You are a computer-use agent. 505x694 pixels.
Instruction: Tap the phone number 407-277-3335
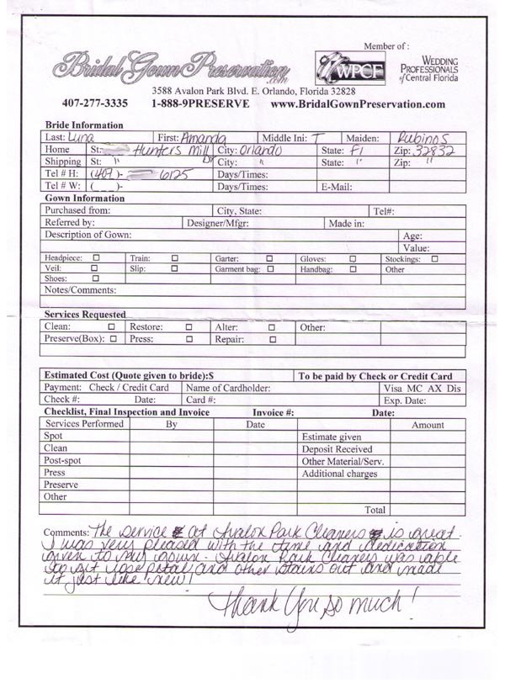click(x=82, y=104)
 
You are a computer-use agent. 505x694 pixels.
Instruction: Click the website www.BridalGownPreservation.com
click(x=358, y=104)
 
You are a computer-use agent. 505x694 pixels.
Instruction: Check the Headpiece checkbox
click(x=95, y=259)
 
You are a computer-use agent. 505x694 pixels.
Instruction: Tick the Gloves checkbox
click(x=353, y=259)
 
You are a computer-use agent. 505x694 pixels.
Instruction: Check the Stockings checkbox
click(x=434, y=259)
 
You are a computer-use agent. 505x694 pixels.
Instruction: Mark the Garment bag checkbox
click(x=271, y=269)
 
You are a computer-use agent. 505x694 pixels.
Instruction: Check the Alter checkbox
click(x=271, y=326)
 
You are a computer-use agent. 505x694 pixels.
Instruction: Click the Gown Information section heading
click(x=84, y=199)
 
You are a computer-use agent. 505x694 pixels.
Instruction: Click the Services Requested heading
click(x=85, y=313)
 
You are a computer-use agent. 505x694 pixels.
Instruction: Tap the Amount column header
click(x=428, y=425)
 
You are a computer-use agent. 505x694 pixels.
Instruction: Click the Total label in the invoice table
click(x=375, y=509)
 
